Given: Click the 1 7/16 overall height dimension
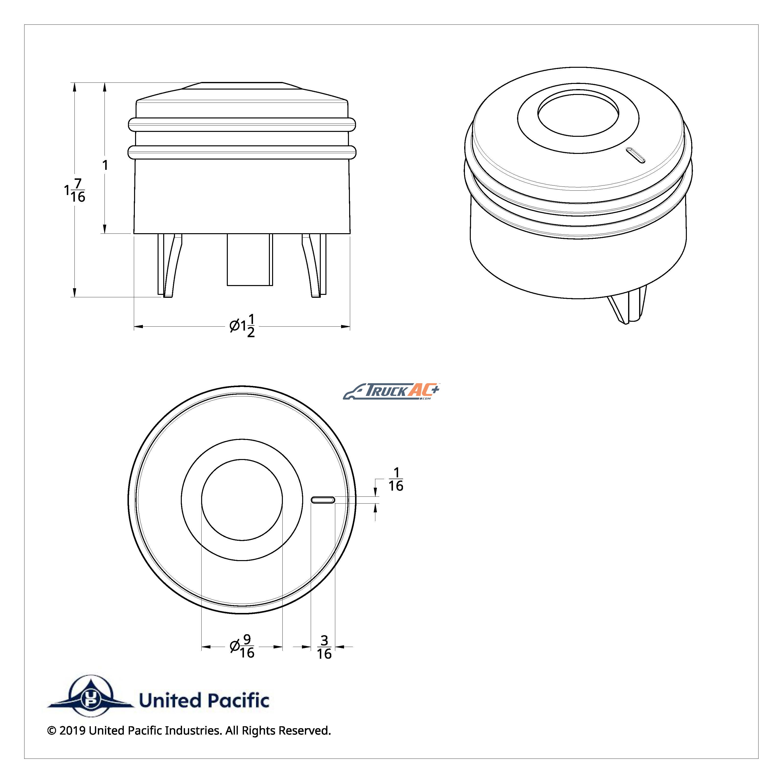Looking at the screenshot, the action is pyautogui.click(x=75, y=190).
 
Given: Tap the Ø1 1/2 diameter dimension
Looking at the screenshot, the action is pyautogui.click(x=242, y=325).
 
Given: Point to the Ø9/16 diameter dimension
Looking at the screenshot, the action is pyautogui.click(x=242, y=647).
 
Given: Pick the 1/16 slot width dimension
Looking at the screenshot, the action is pyautogui.click(x=396, y=479).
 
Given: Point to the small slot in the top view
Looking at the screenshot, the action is pyautogui.click(x=322, y=500).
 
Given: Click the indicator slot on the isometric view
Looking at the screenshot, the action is pyautogui.click(x=635, y=155).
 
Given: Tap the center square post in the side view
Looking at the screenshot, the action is pyautogui.click(x=250, y=259).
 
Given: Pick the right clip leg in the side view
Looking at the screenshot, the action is pyautogui.click(x=314, y=265).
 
